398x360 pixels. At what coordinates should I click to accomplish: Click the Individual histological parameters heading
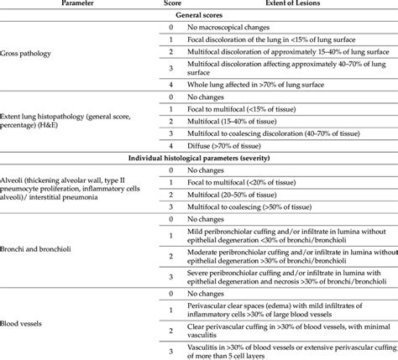[199, 159]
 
